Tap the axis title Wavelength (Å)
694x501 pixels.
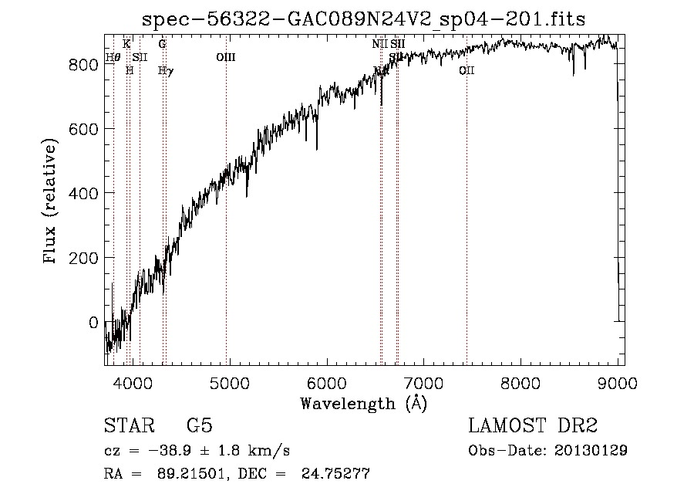pos(363,403)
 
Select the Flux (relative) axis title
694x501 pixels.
pos(52,202)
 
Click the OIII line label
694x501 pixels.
pos(226,57)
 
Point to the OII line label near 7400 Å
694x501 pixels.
pos(467,71)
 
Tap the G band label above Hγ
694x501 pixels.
pos(162,44)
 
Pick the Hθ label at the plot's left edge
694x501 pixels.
pos(113,57)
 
